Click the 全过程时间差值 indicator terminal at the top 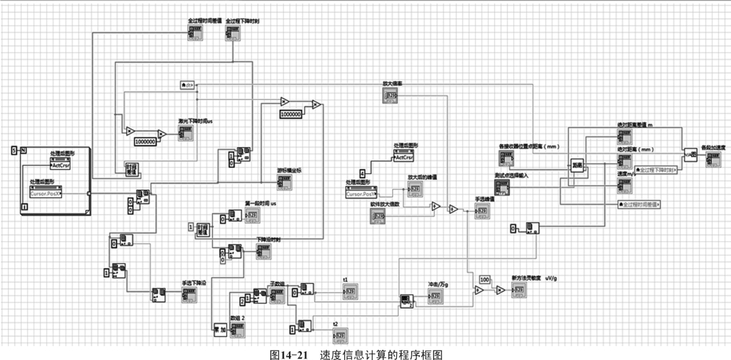(194, 34)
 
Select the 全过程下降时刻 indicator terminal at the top (232, 34)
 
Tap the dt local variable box (187, 85)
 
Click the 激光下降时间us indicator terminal (185, 132)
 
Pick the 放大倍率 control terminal (391, 98)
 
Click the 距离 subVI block (577, 165)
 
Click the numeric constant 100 (485, 279)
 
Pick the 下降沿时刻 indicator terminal (263, 251)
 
